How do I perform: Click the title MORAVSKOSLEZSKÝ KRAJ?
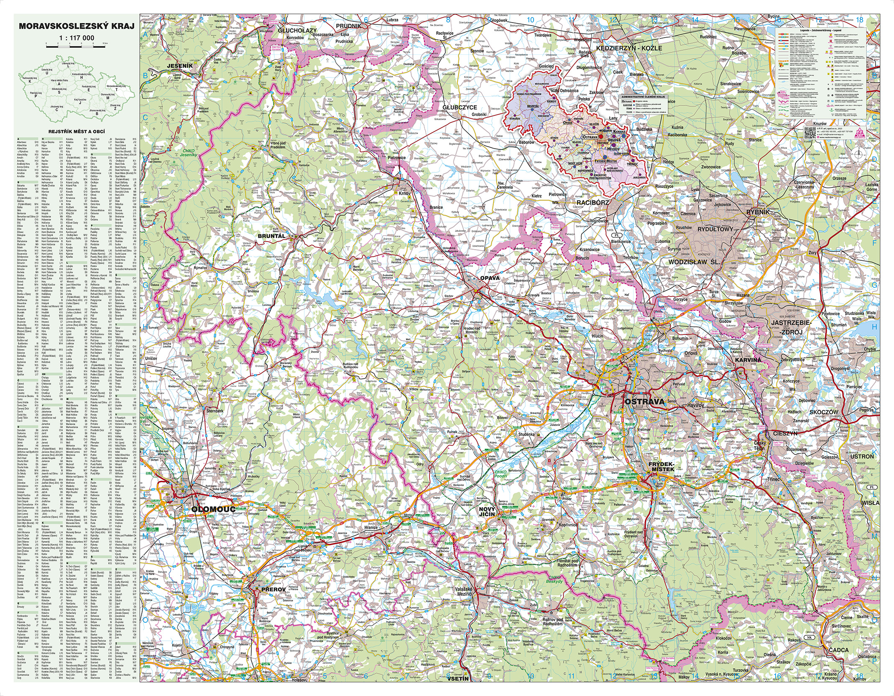(77, 26)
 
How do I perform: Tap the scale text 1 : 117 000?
(77, 38)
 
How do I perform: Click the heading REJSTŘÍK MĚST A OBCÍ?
(77, 131)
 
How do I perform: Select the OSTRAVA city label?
(644, 402)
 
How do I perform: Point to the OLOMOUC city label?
(213, 509)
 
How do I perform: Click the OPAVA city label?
(490, 278)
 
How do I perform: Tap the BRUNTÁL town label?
(271, 236)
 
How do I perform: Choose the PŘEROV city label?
(273, 589)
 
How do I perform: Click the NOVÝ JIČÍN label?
(487, 511)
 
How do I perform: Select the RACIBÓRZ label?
(593, 202)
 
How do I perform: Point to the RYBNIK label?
(758, 212)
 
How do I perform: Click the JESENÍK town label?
(180, 66)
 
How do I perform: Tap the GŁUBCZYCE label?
(460, 108)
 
